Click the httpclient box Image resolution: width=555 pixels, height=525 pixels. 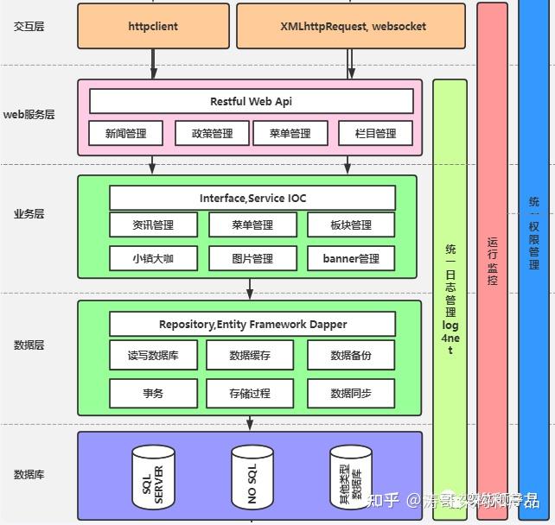pyautogui.click(x=153, y=26)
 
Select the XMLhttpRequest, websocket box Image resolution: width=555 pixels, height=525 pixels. pyautogui.click(x=353, y=26)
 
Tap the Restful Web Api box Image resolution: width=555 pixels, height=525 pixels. pyautogui.click(x=251, y=102)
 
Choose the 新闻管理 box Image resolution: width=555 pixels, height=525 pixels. pyautogui.click(x=126, y=133)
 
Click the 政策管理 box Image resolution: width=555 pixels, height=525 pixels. pyautogui.click(x=212, y=133)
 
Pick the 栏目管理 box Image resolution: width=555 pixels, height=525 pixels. pyautogui.click(x=375, y=133)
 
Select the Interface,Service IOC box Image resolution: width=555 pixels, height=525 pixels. pyautogui.click(x=252, y=198)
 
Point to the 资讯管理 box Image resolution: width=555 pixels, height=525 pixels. pyautogui.click(x=153, y=225)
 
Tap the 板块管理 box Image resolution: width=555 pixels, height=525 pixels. pyautogui.click(x=351, y=225)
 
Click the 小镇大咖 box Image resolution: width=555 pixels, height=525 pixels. pyautogui.click(x=153, y=258)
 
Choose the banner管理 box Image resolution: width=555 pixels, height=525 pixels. pyautogui.click(x=351, y=258)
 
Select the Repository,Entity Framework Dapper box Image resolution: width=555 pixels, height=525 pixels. pyautogui.click(x=252, y=325)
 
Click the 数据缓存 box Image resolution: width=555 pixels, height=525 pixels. pyautogui.click(x=250, y=355)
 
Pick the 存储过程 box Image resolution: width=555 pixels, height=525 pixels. pyautogui.click(x=250, y=393)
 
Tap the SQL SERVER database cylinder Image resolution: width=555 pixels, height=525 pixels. pyautogui.click(x=153, y=474)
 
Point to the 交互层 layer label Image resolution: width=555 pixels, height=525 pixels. pyautogui.click(x=29, y=26)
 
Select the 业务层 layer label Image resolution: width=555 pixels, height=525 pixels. pyautogui.click(x=29, y=213)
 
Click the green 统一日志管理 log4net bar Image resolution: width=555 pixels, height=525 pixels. pyautogui.click(x=450, y=294)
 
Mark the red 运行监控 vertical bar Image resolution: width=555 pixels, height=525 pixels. pyautogui.click(x=492, y=259)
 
